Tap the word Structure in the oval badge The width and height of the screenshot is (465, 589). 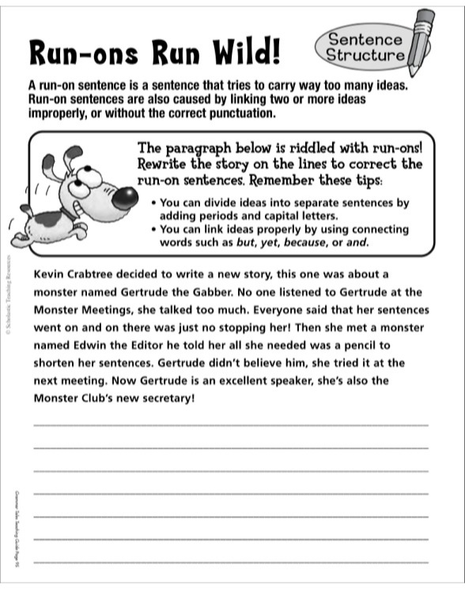pyautogui.click(x=365, y=55)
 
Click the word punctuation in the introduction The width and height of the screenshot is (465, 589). pyautogui.click(x=240, y=113)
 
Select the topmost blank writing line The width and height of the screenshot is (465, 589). pyautogui.click(x=230, y=425)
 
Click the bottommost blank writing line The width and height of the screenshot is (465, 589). pyautogui.click(x=230, y=561)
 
